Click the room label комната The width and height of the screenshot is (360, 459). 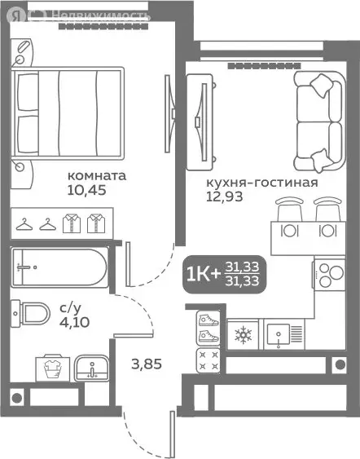[96, 175]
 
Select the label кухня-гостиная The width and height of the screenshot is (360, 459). [261, 182]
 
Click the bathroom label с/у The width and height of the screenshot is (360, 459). [70, 309]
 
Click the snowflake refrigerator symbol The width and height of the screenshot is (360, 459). [244, 334]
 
